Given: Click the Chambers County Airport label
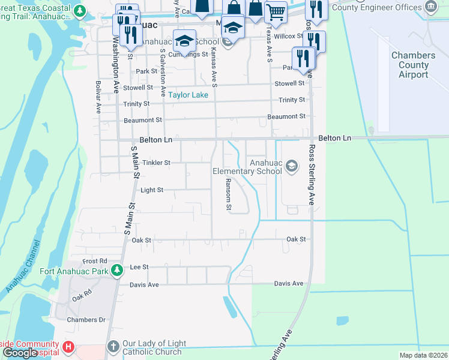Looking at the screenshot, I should coord(414,65).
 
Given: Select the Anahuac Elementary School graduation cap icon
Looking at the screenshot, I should coord(292,166).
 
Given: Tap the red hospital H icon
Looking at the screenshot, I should coord(68,347).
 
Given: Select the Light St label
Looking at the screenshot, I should coord(152,190).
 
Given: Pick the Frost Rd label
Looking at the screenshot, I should coord(95,261).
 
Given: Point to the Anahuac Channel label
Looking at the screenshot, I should coord(23,266).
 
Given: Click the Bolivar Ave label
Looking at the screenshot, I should coord(98,98).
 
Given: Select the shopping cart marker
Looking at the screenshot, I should coord(276,10).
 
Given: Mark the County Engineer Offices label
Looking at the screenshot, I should coord(385,7).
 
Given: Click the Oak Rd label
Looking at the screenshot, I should coord(80,298).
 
